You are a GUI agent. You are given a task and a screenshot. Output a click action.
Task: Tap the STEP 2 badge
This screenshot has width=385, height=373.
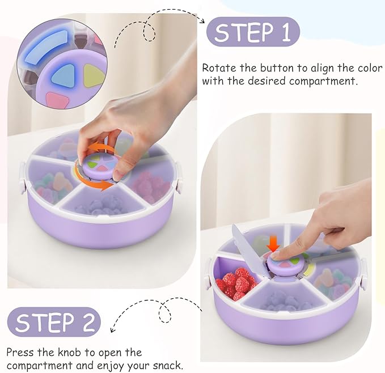click(54, 323)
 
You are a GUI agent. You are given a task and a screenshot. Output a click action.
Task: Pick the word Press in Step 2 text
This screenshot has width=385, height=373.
click(20, 353)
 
